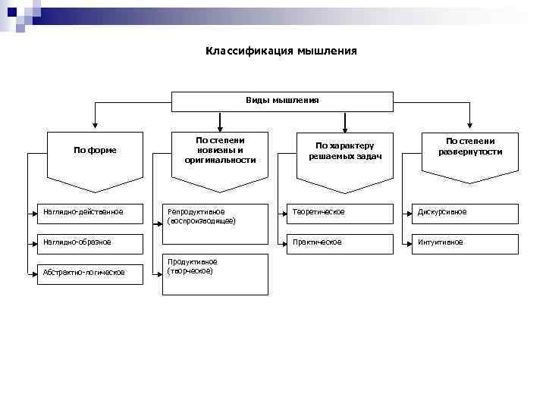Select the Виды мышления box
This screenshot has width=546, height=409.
282,101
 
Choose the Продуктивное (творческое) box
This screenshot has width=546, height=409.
216,273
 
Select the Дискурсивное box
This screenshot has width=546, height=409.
466,213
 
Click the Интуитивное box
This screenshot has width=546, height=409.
466,243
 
